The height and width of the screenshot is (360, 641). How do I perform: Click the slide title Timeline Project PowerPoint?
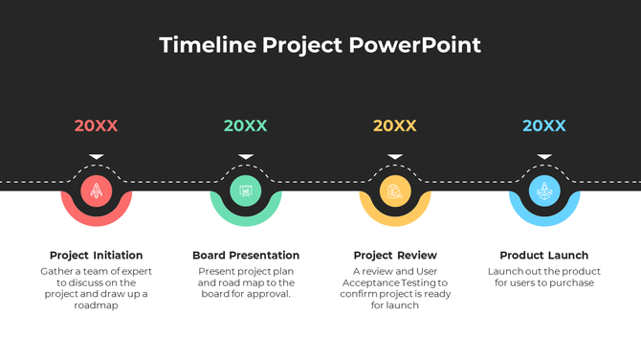click(320, 45)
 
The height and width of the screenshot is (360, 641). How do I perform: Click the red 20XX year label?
click(97, 125)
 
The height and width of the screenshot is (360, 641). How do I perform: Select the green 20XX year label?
click(246, 125)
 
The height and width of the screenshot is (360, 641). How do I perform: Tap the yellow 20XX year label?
click(395, 125)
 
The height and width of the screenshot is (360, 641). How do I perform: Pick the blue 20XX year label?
click(544, 125)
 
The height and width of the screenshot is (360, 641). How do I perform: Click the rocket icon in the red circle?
click(97, 191)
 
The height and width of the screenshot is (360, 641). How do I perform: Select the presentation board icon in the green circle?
click(246, 191)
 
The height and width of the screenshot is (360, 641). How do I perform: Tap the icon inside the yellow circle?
click(395, 191)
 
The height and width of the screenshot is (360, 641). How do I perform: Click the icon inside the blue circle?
click(544, 191)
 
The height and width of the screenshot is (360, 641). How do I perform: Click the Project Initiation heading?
click(97, 256)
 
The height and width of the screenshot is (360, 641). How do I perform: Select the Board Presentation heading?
click(246, 256)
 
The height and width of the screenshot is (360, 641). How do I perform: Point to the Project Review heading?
click(395, 256)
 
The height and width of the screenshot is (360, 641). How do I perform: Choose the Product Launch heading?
click(544, 256)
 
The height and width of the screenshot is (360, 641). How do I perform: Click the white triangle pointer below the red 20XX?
click(97, 156)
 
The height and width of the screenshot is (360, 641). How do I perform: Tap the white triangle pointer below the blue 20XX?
click(544, 156)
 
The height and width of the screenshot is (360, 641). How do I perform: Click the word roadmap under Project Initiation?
click(96, 305)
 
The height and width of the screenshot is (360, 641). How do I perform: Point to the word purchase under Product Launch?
click(572, 282)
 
